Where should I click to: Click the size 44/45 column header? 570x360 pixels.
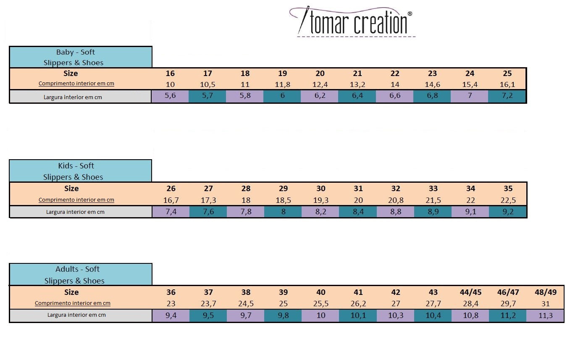tap(470, 292)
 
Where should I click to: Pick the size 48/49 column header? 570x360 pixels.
tap(545, 292)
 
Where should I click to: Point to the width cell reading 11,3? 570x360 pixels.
tap(545, 315)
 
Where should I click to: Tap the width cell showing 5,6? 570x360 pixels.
tap(170, 96)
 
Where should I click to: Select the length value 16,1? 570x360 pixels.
tap(507, 84)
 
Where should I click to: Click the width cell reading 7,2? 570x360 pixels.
tap(507, 96)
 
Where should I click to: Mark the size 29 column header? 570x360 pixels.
tap(283, 189)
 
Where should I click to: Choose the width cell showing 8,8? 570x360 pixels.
tap(396, 211)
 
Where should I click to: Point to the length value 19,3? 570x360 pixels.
tap(320, 200)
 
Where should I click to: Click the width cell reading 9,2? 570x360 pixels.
tap(508, 211)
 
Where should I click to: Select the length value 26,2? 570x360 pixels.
tap(358, 304)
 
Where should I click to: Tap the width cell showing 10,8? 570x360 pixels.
tap(470, 315)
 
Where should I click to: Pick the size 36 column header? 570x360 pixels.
tap(171, 292)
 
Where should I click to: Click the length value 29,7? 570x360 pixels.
tap(507, 304)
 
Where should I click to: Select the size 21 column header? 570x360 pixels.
tap(357, 74)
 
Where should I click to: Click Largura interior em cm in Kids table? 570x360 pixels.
tap(75, 212)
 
